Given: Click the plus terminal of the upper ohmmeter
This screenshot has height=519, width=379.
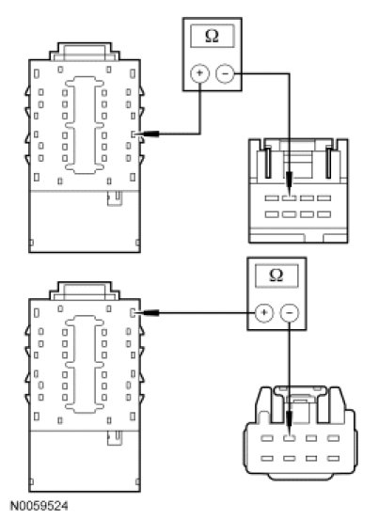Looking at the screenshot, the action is pos(199,73).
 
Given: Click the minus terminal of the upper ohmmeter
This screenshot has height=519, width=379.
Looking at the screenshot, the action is pos(225,73).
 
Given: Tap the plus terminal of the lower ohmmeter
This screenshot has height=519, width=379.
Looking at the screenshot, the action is pos(264,312).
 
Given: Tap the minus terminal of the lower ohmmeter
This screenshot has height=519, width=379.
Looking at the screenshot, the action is pos(290,312).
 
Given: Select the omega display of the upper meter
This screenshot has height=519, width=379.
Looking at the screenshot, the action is pos(213,36).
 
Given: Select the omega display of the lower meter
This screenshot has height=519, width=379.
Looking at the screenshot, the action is pos(276,275).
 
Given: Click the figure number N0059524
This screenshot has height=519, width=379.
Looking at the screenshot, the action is pos(39,506).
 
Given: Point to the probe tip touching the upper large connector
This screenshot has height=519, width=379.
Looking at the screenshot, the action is pos(136,134).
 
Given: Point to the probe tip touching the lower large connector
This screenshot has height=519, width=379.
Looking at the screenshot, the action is pos(136,312).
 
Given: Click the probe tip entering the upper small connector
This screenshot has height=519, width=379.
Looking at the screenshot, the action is pos(290,196).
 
